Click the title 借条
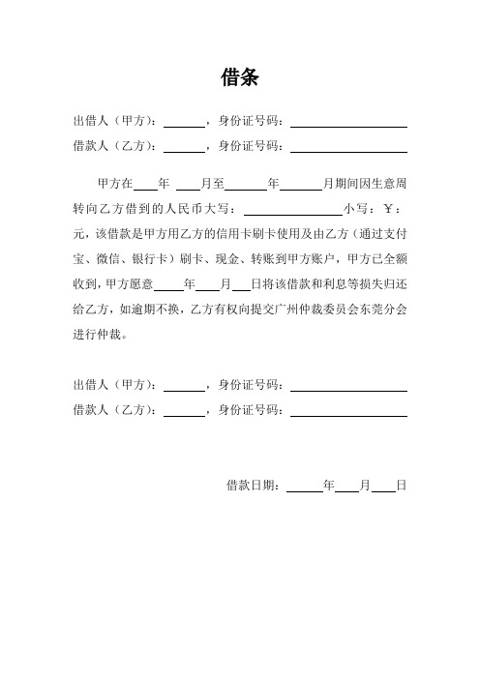click(239, 77)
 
